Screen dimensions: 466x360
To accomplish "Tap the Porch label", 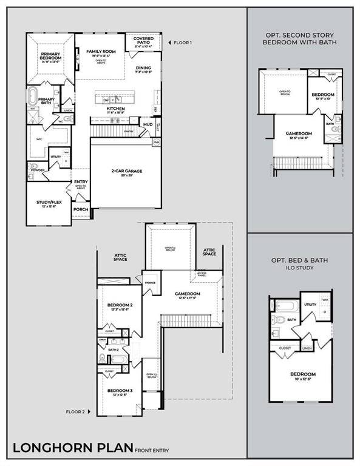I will point(80,209).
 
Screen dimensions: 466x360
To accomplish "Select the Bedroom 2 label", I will point(120,305).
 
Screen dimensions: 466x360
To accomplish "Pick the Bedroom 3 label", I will point(119,391).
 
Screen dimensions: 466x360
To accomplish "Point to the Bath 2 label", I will point(114,349).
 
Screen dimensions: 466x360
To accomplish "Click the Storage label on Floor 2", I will point(150,282).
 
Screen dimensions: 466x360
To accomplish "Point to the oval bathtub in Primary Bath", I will point(33,98).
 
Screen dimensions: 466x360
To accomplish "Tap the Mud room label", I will point(148,124).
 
